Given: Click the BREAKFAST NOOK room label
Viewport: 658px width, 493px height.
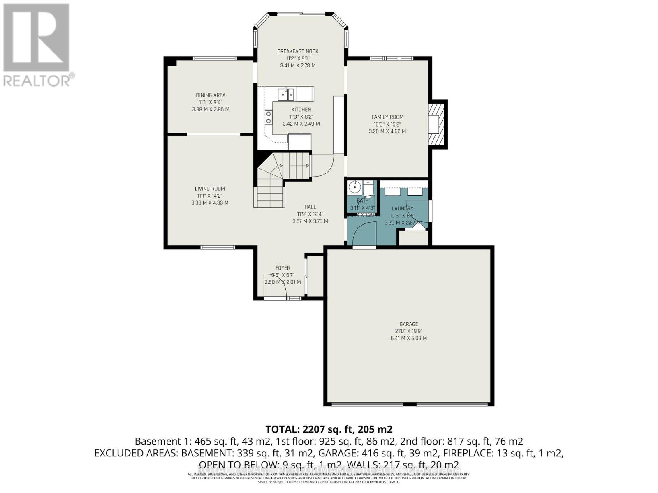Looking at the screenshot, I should (x=298, y=51).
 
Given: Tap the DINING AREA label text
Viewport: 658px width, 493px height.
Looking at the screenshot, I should (x=211, y=95).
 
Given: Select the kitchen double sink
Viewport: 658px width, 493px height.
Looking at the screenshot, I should (x=286, y=94).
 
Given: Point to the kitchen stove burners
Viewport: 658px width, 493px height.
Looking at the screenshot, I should (x=269, y=117).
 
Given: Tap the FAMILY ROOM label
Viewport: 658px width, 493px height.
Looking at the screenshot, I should (x=387, y=117).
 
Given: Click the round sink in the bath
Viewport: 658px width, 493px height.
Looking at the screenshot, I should (x=354, y=188).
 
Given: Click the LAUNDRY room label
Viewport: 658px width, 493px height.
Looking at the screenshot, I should (x=402, y=208).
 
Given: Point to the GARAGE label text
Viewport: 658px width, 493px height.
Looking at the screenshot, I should (x=408, y=324).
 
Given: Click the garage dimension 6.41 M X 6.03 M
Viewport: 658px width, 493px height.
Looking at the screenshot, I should (x=408, y=338).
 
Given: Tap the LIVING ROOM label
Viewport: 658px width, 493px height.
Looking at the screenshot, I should (x=210, y=189).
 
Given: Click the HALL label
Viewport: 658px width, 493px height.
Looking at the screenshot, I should (x=310, y=207).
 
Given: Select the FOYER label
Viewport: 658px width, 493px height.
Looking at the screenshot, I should (x=283, y=268).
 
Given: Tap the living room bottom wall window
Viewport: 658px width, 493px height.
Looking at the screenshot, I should (x=218, y=247).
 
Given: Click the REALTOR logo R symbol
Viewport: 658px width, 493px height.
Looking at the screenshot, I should (x=36, y=38).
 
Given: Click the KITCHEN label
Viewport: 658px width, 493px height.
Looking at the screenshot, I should (x=301, y=110).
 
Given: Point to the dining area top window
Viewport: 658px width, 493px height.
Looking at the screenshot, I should (x=215, y=58).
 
